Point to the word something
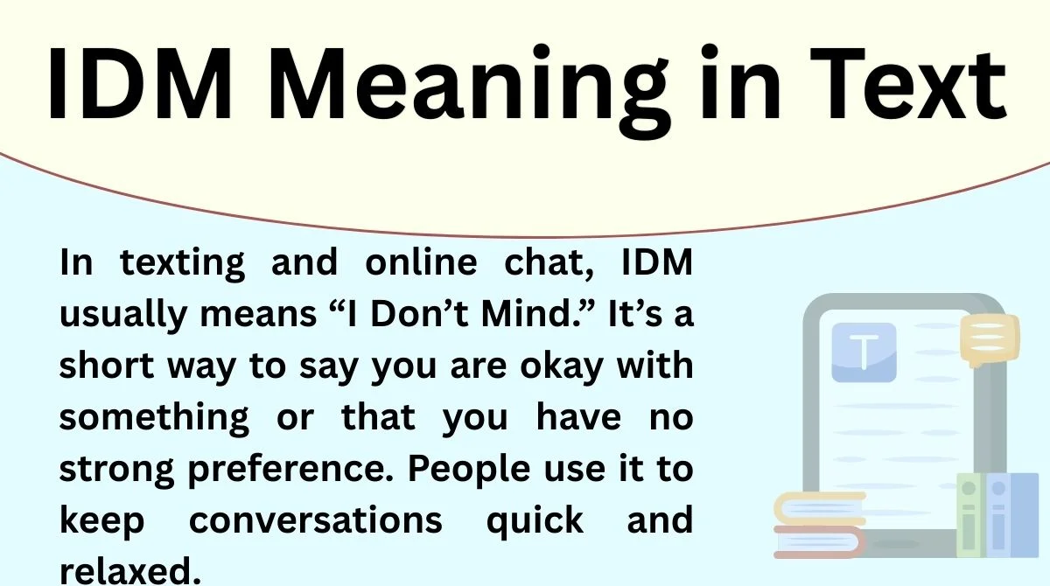point(154,418)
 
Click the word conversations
point(316,520)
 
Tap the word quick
point(535,521)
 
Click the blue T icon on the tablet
point(863,352)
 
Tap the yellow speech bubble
point(989,339)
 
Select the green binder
point(969,515)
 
